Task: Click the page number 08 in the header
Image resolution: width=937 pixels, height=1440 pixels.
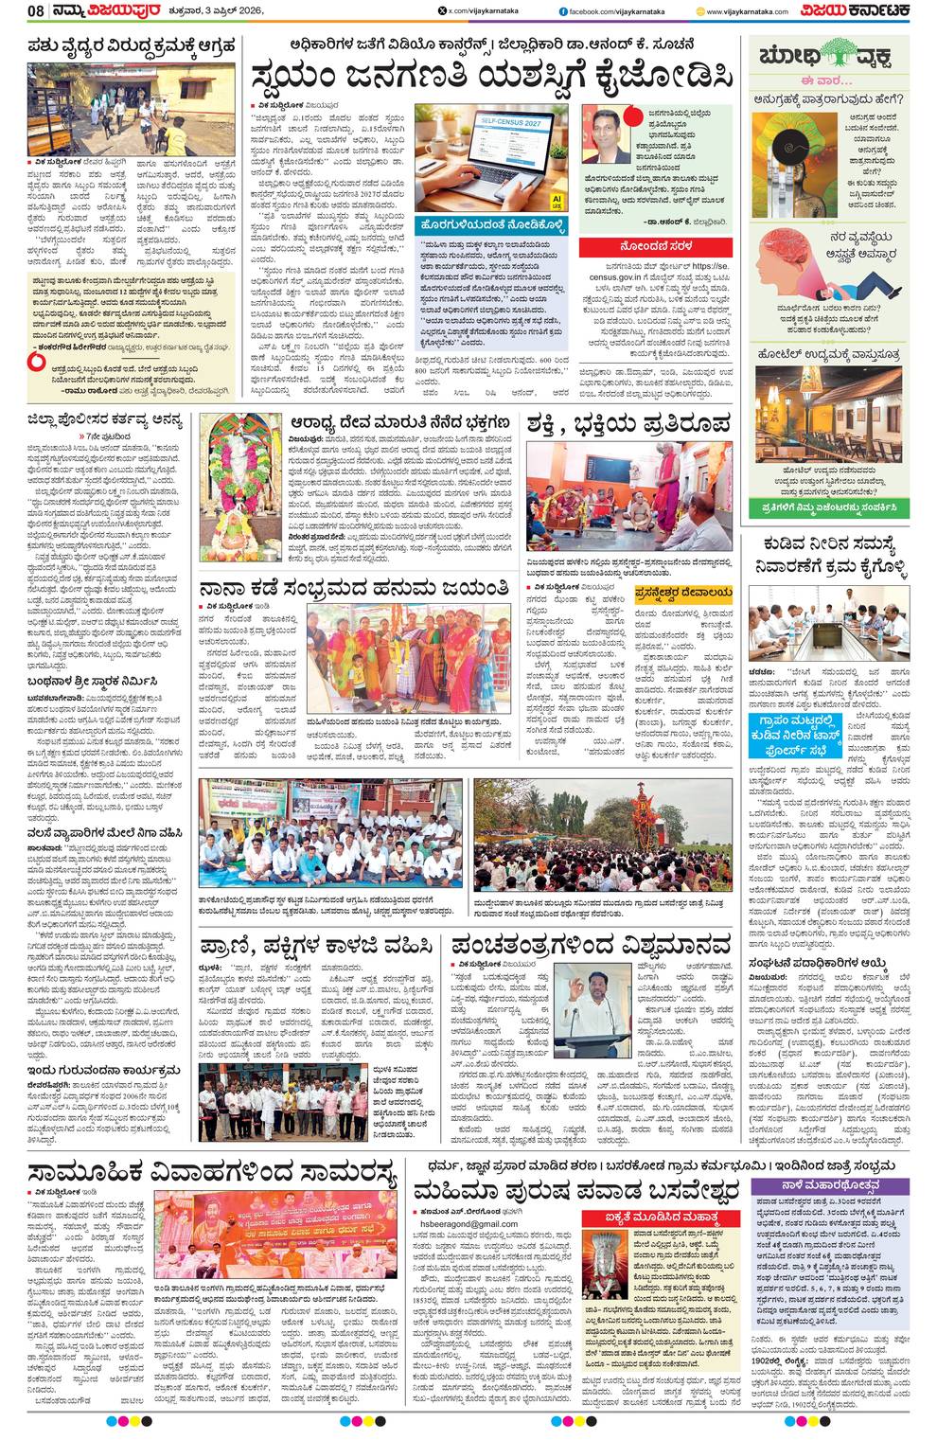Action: (36, 11)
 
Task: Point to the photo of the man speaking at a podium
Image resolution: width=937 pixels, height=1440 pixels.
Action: (579, 1010)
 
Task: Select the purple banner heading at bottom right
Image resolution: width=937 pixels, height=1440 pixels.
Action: (831, 1184)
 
